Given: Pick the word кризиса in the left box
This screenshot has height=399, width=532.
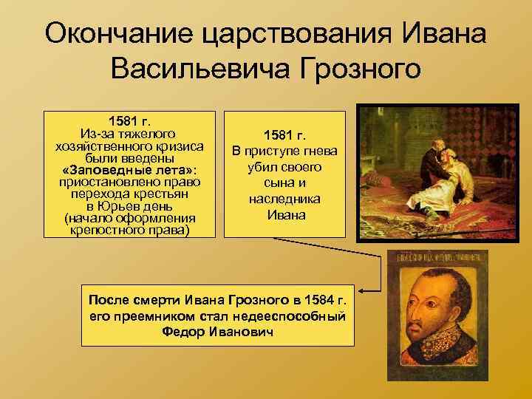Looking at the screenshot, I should pos(178,146).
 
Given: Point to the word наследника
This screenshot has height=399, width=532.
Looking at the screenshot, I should pos(284,199).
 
